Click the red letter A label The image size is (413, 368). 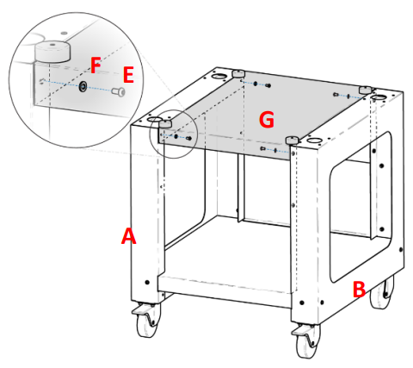(x=128, y=236)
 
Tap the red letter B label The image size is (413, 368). (x=359, y=290)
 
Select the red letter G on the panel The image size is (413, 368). (x=266, y=120)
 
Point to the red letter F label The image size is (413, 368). (x=96, y=65)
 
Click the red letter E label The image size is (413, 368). (x=128, y=75)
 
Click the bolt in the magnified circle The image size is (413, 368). (x=119, y=91)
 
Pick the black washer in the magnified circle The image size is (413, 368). (x=83, y=86)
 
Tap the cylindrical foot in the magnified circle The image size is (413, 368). (x=52, y=51)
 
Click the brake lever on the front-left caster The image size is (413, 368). (x=139, y=310)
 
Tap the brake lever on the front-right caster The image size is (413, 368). (x=299, y=331)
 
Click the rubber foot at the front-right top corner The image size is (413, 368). (x=293, y=140)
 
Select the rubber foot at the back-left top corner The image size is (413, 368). (x=238, y=74)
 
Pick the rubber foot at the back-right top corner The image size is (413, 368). (x=365, y=90)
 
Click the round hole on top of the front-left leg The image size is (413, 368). (x=154, y=119)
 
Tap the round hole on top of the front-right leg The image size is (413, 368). (x=314, y=140)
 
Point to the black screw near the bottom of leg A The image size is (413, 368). (x=147, y=283)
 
